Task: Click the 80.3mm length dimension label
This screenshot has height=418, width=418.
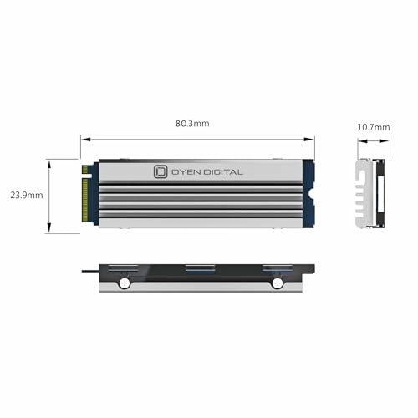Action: (193, 124)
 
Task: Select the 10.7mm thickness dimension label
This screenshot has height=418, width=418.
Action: (373, 127)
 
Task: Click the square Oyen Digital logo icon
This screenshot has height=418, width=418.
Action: (161, 171)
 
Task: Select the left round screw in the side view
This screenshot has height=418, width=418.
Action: (125, 283)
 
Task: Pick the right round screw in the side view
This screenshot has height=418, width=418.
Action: (277, 283)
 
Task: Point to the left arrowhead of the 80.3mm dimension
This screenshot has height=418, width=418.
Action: (84, 139)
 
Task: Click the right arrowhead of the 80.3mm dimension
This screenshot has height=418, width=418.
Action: (313, 139)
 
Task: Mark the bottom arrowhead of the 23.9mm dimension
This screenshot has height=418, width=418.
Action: (51, 230)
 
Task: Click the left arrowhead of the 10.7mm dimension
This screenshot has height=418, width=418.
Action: (360, 140)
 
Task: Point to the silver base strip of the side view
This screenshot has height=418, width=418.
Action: (201, 286)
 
